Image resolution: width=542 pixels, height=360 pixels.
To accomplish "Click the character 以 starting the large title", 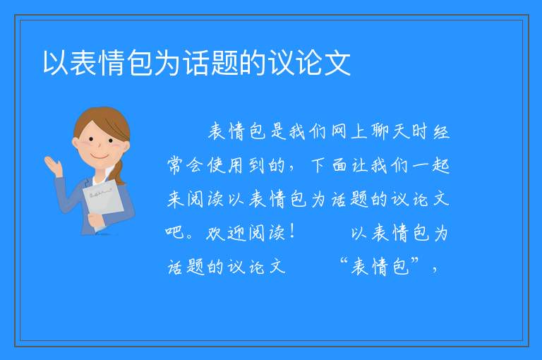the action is [56, 63].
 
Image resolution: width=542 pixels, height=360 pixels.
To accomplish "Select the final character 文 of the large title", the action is [337, 63].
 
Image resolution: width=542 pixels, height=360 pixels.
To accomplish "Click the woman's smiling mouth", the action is [100, 157].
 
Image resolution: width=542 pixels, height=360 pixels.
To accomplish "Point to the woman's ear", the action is [76, 143].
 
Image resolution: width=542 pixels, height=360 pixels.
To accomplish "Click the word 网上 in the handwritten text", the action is [349, 131].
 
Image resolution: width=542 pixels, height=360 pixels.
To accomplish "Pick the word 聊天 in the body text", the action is [390, 131].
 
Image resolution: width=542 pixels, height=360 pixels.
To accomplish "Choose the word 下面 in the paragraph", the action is [329, 165].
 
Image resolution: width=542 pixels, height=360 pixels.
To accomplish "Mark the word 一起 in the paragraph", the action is [430, 165].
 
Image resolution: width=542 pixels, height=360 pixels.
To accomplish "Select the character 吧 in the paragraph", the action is [175, 232].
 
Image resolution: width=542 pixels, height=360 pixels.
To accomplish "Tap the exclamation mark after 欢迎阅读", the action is [293, 231].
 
